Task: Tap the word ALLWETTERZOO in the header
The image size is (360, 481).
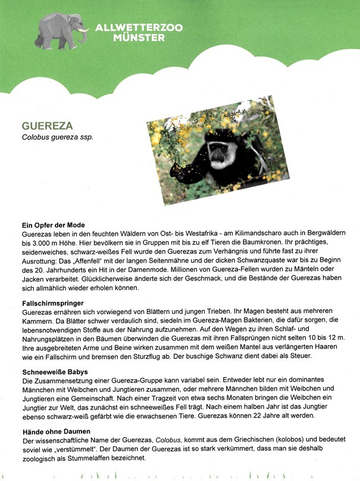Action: pyautogui.click(x=138, y=27)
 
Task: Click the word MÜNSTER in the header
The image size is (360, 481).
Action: pyautogui.click(x=138, y=38)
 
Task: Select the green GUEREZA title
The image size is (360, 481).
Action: pyautogui.click(x=47, y=126)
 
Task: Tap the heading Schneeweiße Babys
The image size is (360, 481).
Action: pyautogui.click(x=56, y=371)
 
